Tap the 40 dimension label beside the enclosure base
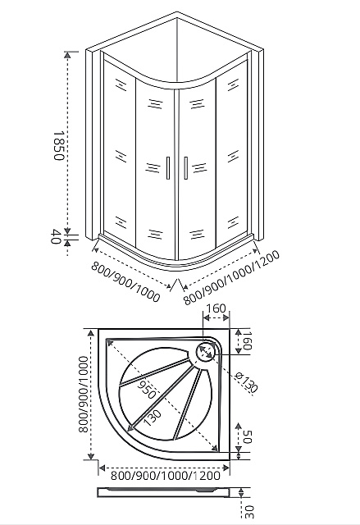pyautogui.click(x=56, y=238)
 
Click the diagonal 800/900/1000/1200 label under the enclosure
pyautogui.click(x=232, y=278)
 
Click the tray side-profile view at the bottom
pyautogui.click(x=164, y=492)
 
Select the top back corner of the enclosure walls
pyautogui.click(x=177, y=14)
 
